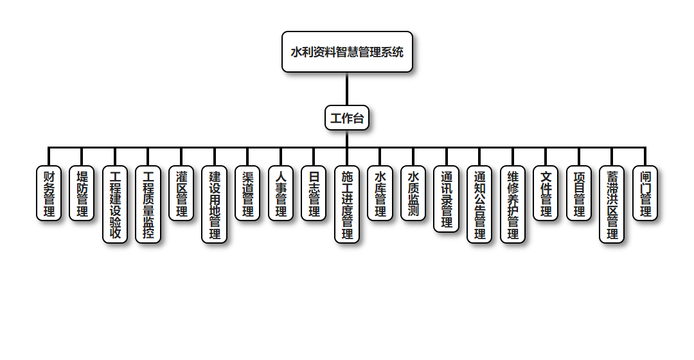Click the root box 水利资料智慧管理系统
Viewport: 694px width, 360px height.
[x=347, y=52]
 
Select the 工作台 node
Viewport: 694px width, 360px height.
[x=347, y=118]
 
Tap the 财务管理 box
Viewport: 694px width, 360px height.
[x=49, y=194]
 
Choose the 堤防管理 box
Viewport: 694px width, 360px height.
[x=82, y=194]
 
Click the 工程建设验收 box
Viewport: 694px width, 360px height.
[x=115, y=204]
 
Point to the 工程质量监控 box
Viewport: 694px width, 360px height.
[x=148, y=204]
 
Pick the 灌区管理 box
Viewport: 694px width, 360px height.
[x=181, y=194]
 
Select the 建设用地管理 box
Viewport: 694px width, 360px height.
[x=215, y=204]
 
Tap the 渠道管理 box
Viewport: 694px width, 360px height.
[x=247, y=194]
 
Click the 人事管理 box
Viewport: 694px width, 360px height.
[x=281, y=194]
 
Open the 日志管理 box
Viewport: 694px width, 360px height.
[x=314, y=194]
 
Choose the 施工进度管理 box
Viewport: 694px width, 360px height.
[x=347, y=204]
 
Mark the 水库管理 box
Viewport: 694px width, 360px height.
[x=380, y=194]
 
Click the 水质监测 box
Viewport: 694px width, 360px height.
[x=413, y=194]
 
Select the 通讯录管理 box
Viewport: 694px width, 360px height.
[x=447, y=199]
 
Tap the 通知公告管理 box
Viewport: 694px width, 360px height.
[x=480, y=204]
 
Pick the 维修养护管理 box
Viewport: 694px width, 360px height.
[x=513, y=204]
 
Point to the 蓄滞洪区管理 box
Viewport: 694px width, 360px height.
[x=612, y=204]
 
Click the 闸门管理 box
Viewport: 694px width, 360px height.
[x=645, y=194]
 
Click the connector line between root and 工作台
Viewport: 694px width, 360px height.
[x=347, y=89]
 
